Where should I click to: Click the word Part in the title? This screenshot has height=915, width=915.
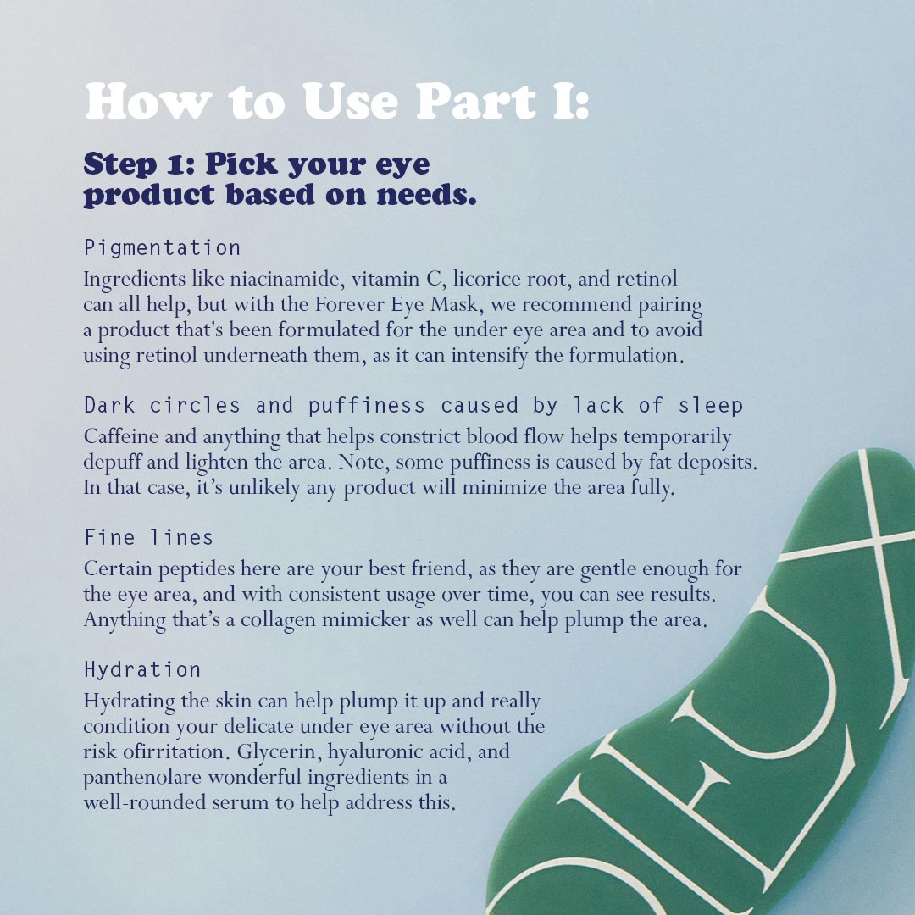[475, 101]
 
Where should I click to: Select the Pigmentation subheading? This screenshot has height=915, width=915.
[162, 248]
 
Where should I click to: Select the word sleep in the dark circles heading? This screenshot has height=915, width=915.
[710, 406]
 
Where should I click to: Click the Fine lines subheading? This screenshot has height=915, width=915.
[149, 537]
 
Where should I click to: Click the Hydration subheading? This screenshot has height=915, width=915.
[142, 669]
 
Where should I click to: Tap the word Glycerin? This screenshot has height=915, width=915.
[280, 751]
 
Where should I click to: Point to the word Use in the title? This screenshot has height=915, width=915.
[350, 101]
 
